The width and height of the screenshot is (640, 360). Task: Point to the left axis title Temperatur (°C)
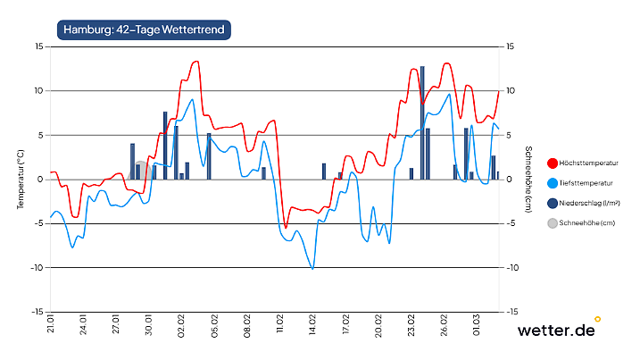pyautogui.click(x=21, y=179)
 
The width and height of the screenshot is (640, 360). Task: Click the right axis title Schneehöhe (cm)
pyautogui.click(x=528, y=179)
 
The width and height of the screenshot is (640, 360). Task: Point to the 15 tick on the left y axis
pyautogui.click(x=38, y=46)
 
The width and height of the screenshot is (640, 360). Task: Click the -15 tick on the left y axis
pyautogui.click(x=37, y=312)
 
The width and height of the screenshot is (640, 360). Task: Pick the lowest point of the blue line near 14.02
pyautogui.click(x=312, y=267)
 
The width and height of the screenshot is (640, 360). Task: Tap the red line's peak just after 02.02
pyautogui.click(x=195, y=62)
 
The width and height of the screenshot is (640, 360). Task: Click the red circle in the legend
pyautogui.click(x=553, y=163)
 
